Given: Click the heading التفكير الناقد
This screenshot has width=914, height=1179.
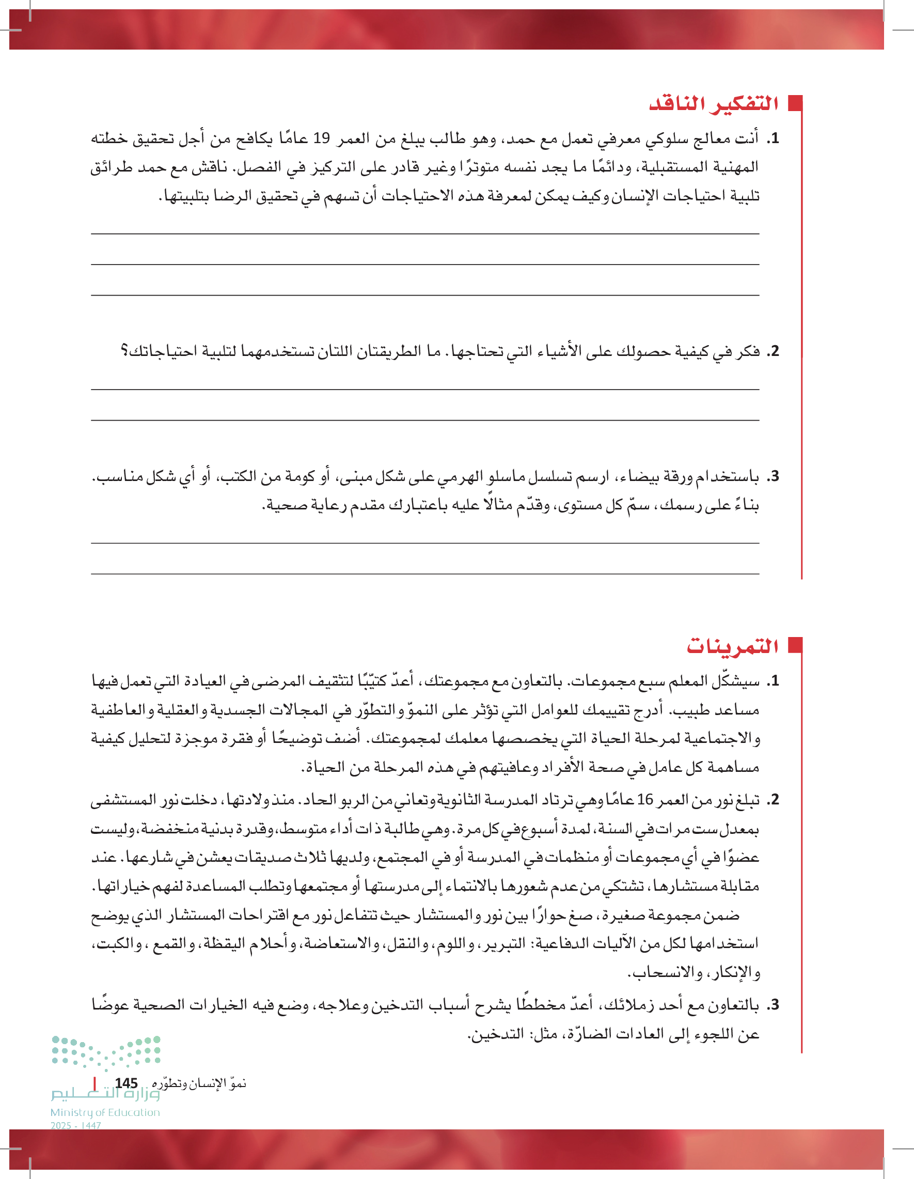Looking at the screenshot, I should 713,103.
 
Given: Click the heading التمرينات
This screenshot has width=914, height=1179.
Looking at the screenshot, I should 732,646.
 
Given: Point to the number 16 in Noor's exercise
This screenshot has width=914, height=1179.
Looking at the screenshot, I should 645,799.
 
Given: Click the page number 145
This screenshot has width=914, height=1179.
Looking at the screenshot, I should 126,1083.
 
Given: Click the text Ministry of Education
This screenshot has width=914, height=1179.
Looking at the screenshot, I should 105,1112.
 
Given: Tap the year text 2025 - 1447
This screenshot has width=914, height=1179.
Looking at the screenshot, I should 75,1126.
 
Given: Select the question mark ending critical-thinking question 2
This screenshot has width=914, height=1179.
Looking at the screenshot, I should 124,351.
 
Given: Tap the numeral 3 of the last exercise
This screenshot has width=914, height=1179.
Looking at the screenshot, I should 774,1005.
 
